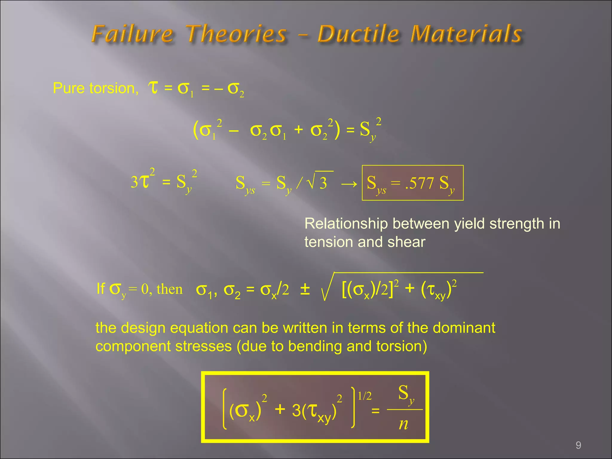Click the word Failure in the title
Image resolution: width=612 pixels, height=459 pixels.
click(132, 33)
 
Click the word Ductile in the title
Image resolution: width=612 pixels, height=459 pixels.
click(358, 33)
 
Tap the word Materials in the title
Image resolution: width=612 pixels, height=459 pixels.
click(466, 33)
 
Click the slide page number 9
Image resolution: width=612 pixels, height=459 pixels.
click(578, 445)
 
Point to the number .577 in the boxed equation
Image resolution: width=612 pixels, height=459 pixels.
click(419, 183)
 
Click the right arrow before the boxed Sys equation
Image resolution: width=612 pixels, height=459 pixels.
click(349, 183)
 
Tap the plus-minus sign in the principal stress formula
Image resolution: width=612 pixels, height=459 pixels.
click(305, 289)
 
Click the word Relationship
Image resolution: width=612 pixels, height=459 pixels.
click(346, 224)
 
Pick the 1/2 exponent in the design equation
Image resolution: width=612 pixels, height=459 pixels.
click(365, 396)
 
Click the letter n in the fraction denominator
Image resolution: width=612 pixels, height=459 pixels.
click(403, 424)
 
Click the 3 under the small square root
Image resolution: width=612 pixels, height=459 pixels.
click(323, 183)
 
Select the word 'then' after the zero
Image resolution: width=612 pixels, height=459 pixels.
click(169, 289)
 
